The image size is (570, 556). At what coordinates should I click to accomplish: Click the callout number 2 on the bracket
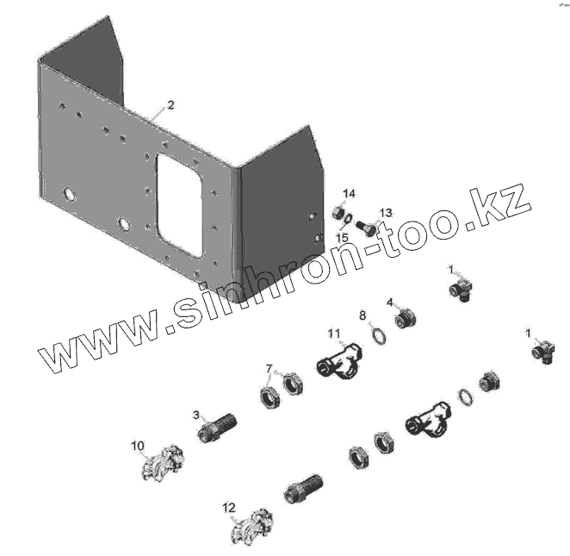click(x=170, y=105)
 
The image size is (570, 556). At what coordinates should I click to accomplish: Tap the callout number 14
click(x=349, y=192)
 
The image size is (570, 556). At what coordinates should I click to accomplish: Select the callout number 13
click(x=385, y=212)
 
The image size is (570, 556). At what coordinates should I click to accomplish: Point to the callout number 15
click(x=342, y=237)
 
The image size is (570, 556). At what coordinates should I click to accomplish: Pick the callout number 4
click(x=390, y=303)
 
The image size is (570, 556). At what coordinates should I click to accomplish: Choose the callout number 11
click(x=333, y=334)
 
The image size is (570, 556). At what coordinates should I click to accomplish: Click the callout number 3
click(x=196, y=415)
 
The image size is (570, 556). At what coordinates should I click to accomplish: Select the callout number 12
click(x=228, y=508)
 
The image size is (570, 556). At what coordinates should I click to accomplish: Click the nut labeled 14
click(x=339, y=211)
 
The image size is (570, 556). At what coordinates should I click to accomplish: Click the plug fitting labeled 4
click(x=406, y=320)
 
